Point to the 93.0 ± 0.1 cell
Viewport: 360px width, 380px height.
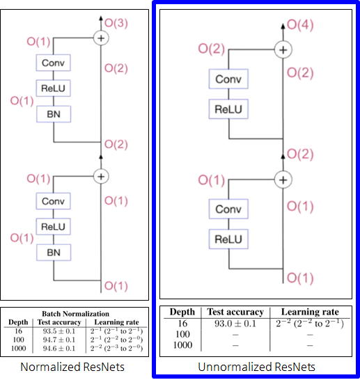coord(235,324)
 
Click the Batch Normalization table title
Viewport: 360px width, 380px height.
coord(76,314)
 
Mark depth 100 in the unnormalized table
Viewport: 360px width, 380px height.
coord(182,335)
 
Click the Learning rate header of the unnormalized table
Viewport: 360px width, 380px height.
coord(309,312)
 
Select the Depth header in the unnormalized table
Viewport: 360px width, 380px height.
coord(182,312)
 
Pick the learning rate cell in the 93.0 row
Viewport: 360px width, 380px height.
coord(309,324)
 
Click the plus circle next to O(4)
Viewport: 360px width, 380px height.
coord(283,49)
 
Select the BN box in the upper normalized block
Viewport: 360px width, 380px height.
coord(54,113)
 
